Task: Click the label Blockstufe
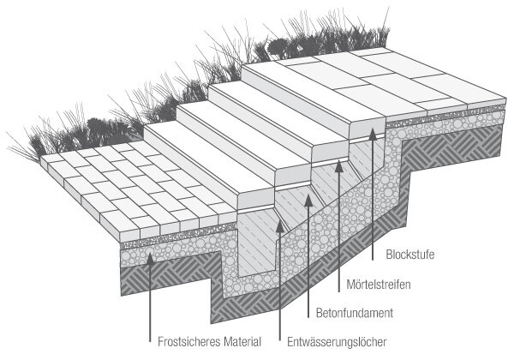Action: pyautogui.click(x=410, y=255)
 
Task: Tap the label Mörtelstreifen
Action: pyautogui.click(x=379, y=284)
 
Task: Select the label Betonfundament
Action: pyautogui.click(x=355, y=313)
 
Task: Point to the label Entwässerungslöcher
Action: pyautogui.click(x=337, y=342)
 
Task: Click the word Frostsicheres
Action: pyautogui.click(x=189, y=342)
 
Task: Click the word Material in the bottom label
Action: pyautogui.click(x=242, y=342)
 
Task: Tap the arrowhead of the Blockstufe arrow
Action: pyautogui.click(x=372, y=134)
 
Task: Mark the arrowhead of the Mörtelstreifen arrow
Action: pyautogui.click(x=339, y=166)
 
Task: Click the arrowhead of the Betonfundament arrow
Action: pyautogui.click(x=308, y=201)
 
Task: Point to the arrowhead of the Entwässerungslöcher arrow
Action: pyautogui.click(x=279, y=226)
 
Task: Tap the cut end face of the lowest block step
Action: pyautogui.click(x=255, y=200)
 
